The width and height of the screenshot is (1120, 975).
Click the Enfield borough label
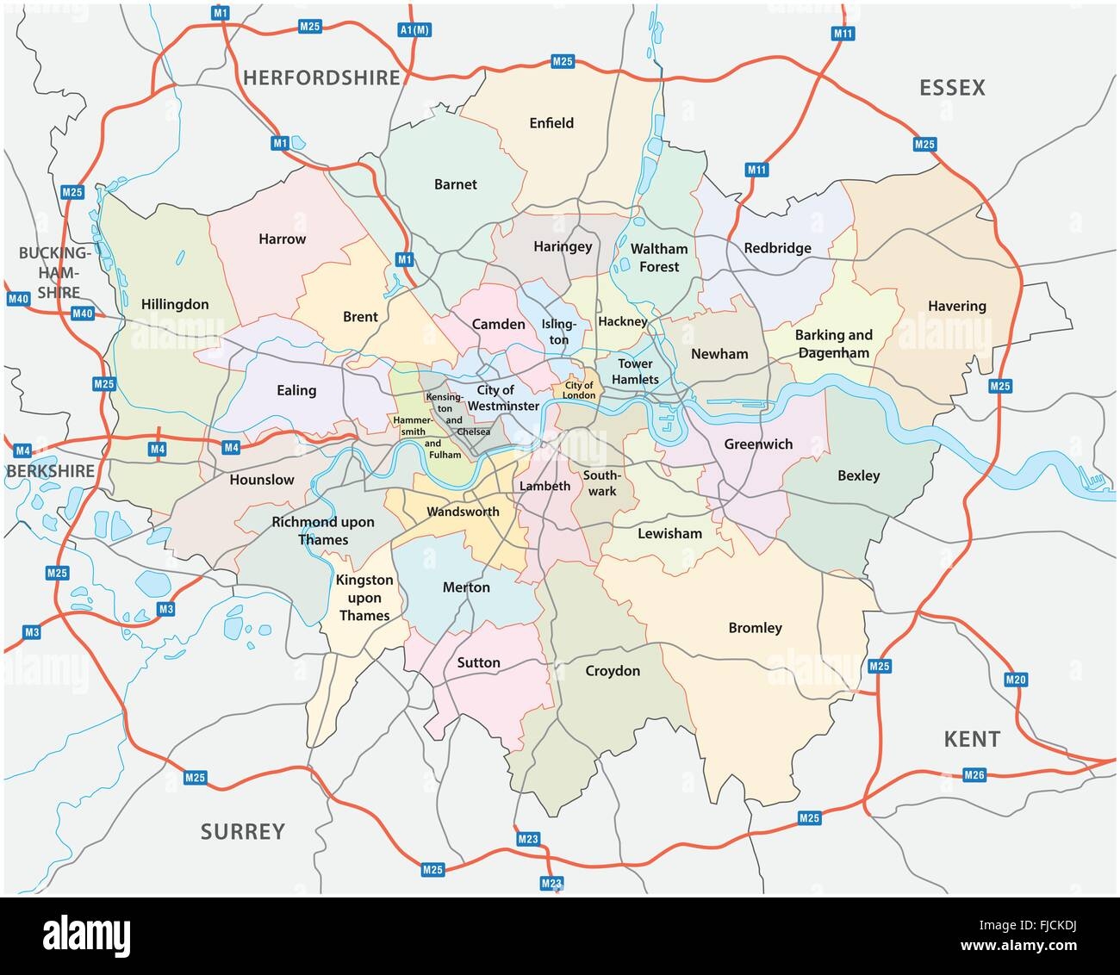551,123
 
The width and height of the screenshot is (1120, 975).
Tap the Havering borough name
957,306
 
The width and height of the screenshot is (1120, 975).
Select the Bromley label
755,628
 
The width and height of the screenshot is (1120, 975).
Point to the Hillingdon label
175,304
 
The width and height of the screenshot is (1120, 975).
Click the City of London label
579,390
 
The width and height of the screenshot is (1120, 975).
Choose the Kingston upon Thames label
364,598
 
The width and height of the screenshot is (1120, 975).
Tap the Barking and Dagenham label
833,344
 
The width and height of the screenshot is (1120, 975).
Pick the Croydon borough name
613,671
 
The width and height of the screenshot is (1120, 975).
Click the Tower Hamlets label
635,371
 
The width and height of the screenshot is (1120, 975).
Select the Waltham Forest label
659,258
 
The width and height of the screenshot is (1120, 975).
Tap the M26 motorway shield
974,776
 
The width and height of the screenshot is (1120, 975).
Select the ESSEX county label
952,88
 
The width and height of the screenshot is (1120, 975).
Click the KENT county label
972,738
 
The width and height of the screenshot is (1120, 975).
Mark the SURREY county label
242,831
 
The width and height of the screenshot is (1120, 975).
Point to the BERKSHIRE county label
48,470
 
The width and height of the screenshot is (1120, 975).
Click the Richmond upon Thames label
323,531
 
